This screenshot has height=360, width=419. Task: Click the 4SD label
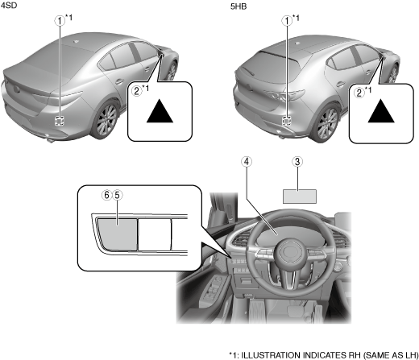click(9, 5)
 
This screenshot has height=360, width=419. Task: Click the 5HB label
click(239, 6)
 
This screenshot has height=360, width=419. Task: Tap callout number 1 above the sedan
click(60, 21)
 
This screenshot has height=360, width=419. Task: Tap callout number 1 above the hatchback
click(287, 21)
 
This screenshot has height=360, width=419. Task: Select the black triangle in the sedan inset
click(160, 111)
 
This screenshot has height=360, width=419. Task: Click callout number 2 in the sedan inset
click(137, 91)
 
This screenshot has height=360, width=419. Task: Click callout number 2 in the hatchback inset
click(359, 93)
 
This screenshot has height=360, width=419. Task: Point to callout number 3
click(297, 162)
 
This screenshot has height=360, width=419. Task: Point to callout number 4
click(247, 162)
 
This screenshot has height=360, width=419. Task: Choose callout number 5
click(117, 195)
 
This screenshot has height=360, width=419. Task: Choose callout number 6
click(107, 195)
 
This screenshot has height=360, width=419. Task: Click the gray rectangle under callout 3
click(300, 197)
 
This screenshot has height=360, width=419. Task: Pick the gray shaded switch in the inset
click(118, 234)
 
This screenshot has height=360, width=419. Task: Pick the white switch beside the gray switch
click(155, 234)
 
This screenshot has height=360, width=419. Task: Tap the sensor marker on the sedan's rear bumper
click(60, 121)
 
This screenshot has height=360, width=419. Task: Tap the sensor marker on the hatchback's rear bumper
click(287, 122)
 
